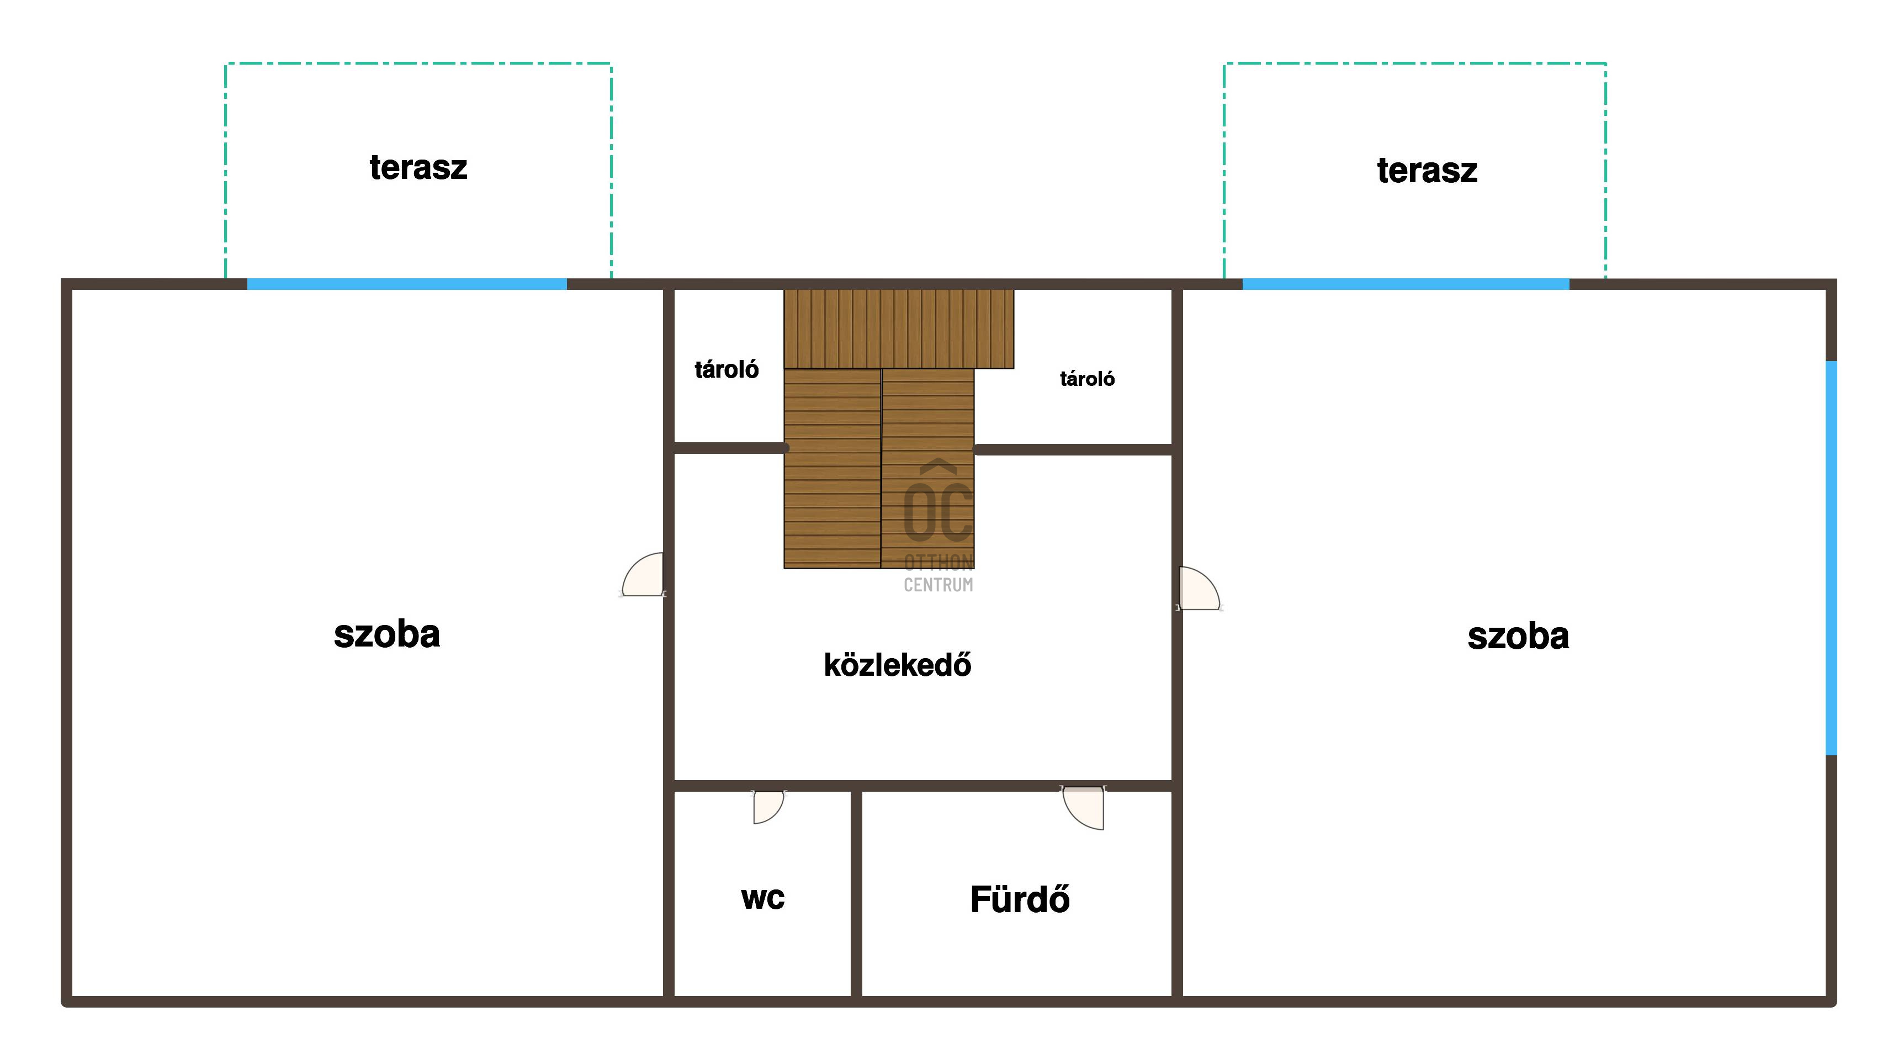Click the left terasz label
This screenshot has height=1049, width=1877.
point(418,167)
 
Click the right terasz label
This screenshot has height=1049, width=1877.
point(1427,171)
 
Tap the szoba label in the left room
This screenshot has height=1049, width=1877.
point(387,634)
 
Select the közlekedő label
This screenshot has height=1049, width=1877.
point(898,664)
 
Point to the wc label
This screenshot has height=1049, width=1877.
point(762,898)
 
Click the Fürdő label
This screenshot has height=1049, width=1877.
point(1020,899)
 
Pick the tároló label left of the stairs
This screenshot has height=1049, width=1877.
point(727,369)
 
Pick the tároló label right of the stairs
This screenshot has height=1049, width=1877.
point(1087,379)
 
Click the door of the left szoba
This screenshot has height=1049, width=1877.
point(643,575)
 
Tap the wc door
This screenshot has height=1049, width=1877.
point(768,807)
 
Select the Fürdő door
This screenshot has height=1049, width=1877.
point(1083,807)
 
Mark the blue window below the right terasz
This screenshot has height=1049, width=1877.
point(1406,284)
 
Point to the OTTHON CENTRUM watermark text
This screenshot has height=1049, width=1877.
point(938,573)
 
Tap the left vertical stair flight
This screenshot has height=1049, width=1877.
point(832,468)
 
